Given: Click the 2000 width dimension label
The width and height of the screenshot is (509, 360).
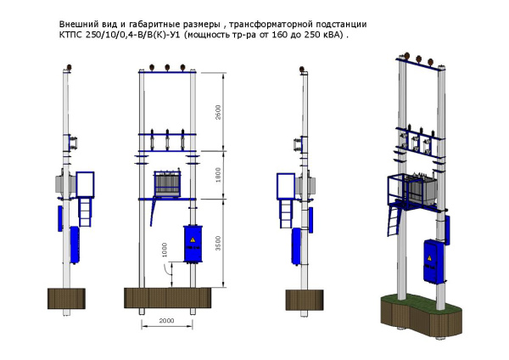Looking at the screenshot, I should click(165, 321).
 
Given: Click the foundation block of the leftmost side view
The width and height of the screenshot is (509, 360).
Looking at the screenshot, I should click(66, 300).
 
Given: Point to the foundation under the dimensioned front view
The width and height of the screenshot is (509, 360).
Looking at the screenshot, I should click(167, 300).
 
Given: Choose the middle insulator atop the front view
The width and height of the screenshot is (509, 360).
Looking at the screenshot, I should click(167, 68).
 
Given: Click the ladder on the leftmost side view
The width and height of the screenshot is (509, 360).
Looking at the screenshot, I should click(86, 207).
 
